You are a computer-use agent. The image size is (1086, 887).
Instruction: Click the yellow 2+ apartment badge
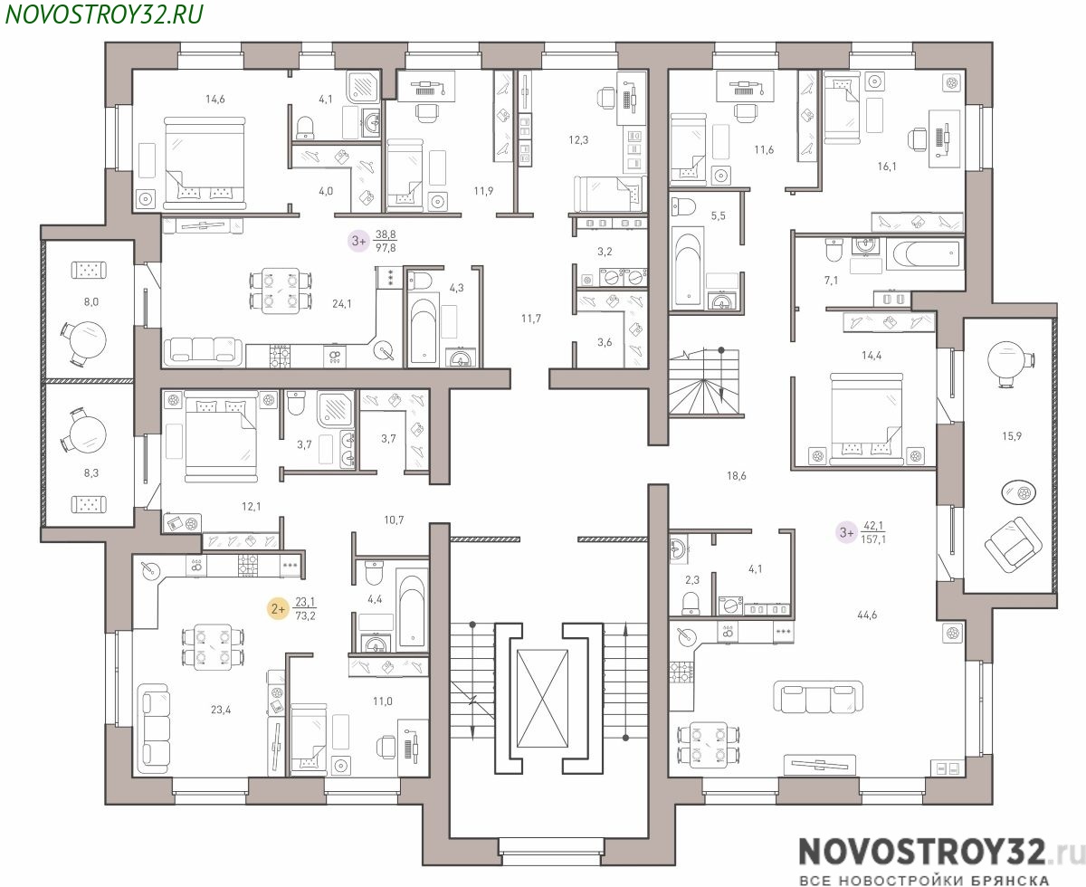278,609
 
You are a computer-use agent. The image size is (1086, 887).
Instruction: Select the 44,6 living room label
867,615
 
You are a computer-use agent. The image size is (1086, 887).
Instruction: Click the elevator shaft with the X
542,698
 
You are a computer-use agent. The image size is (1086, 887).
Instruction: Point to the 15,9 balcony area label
1011,436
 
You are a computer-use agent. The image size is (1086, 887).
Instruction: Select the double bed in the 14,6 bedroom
204,163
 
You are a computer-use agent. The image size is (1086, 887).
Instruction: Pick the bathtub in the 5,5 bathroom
688,269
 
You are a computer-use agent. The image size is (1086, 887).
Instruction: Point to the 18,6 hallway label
737,476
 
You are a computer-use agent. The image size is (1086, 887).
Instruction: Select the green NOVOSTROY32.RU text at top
105,14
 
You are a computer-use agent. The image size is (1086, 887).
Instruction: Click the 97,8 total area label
386,248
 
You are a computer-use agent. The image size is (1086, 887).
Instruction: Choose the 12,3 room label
578,140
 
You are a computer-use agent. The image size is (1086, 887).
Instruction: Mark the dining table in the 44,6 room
709,742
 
